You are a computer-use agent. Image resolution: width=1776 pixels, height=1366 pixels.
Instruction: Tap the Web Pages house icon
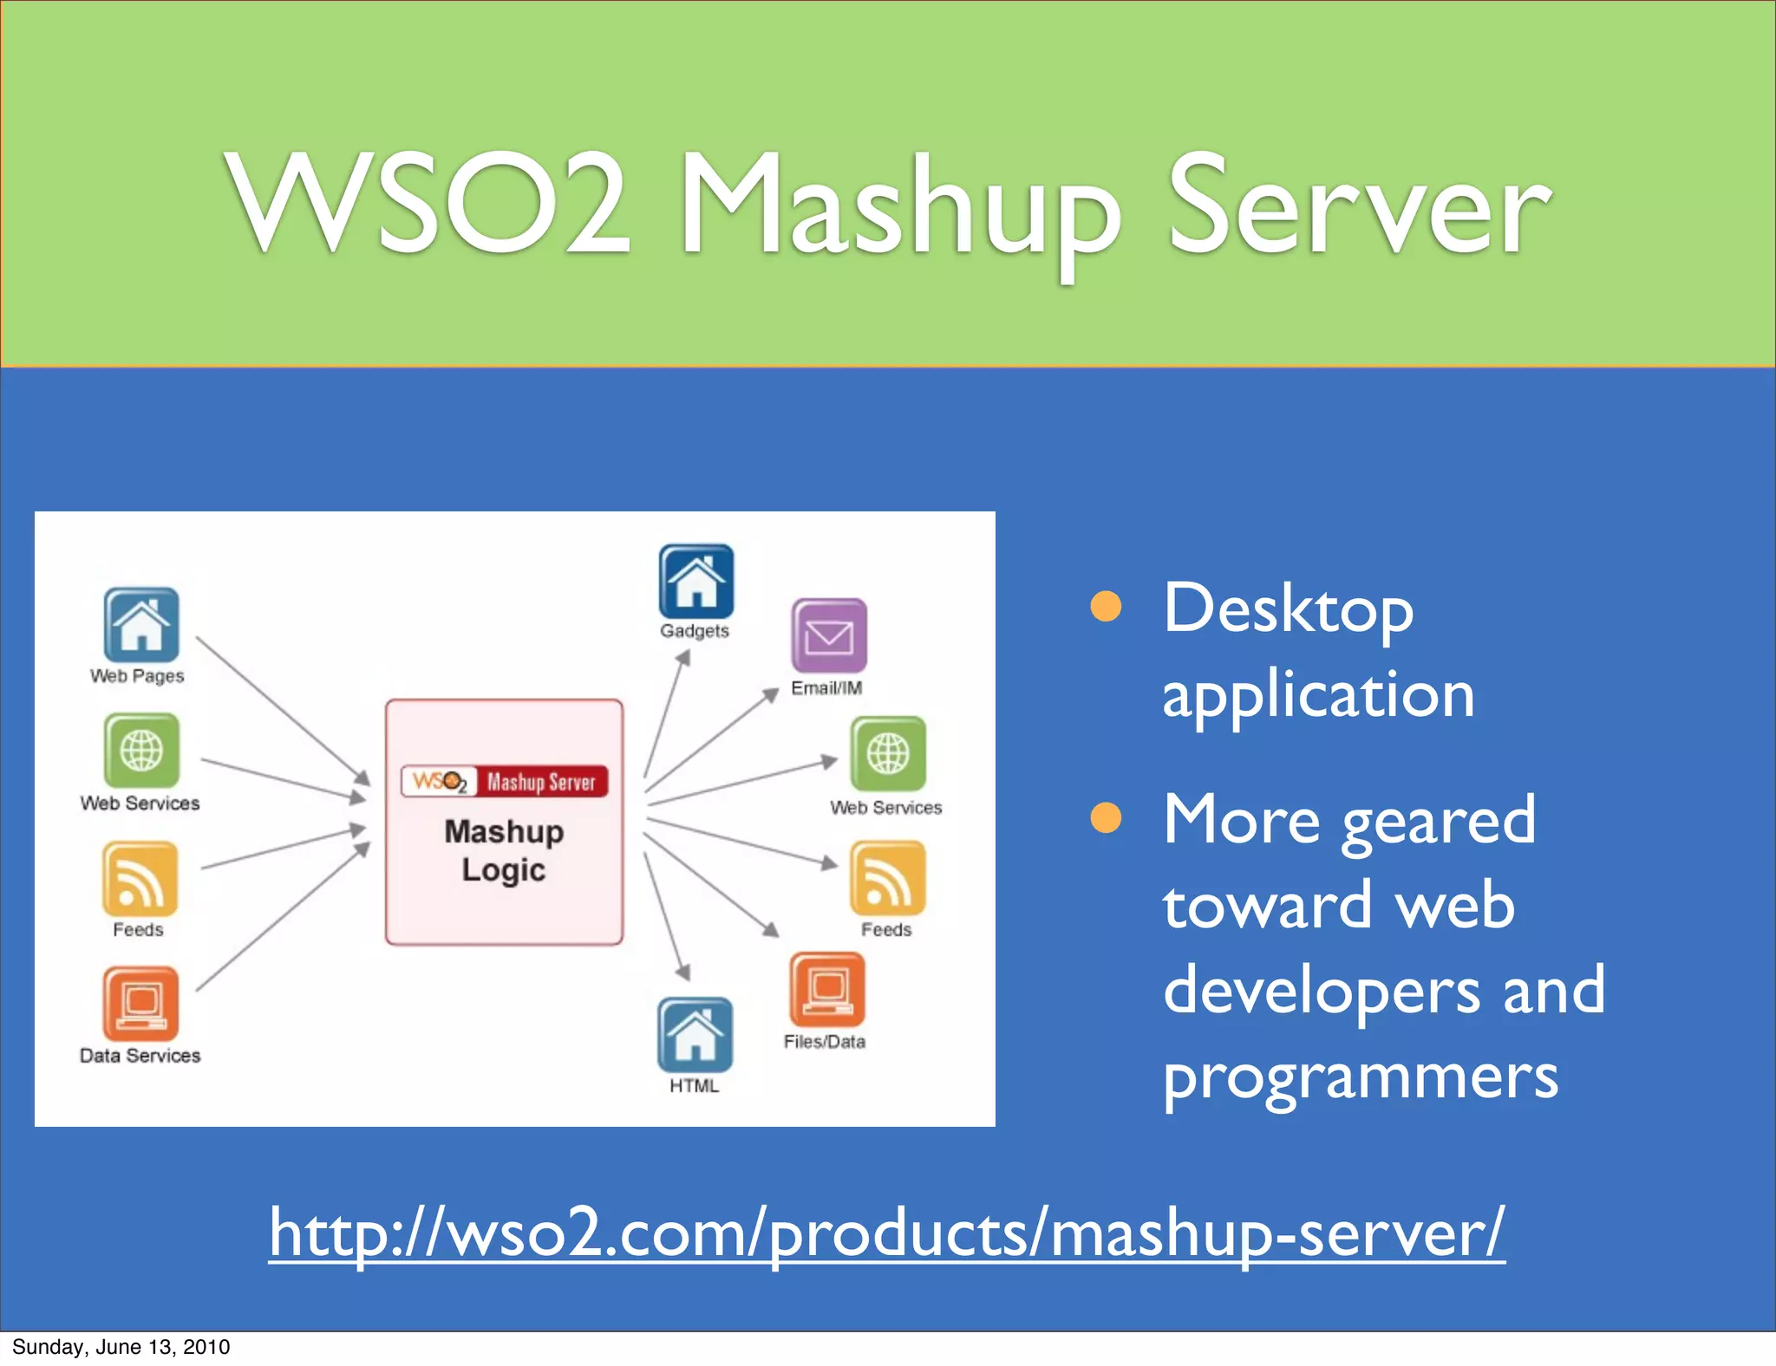pos(141,625)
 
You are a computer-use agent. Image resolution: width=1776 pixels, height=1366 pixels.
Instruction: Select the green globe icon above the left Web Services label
pos(141,751)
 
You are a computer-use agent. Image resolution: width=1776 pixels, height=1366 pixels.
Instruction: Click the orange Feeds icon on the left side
pos(140,879)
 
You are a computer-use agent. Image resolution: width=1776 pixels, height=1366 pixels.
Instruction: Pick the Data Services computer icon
pos(140,1004)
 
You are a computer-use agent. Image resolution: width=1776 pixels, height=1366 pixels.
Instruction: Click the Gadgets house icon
pos(695,581)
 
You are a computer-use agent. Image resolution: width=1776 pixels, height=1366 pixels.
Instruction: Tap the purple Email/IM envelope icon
pos(828,635)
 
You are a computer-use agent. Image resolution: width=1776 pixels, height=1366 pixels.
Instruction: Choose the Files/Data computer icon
pos(827,990)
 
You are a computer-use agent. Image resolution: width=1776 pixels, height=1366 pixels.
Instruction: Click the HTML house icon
pos(695,1034)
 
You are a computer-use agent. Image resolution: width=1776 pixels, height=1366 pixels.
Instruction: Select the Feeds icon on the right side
pos(887,879)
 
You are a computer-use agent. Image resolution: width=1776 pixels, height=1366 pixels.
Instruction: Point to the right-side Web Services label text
pos(885,808)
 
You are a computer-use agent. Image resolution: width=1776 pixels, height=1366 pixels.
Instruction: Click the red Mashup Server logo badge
pos(505,781)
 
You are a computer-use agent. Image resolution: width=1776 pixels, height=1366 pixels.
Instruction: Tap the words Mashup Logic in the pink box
pos(504,850)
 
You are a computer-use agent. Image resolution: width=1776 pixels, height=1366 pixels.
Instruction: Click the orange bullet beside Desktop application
pos(1106,607)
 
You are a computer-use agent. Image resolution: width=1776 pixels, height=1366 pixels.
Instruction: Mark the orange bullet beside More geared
pos(1106,817)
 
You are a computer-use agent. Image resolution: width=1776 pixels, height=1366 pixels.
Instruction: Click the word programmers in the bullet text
pos(1360,1077)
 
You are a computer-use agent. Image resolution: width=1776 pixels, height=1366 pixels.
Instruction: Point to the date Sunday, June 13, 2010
pos(121,1347)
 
